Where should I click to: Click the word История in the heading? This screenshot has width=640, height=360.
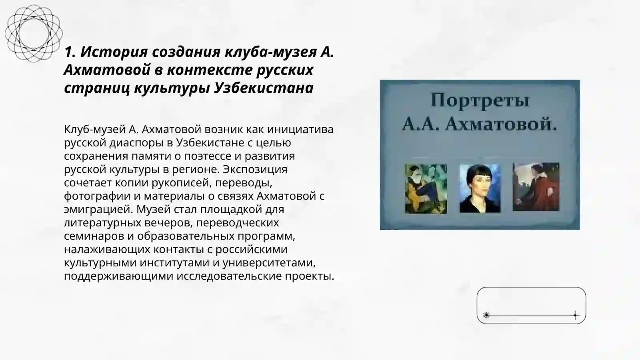coord(111,52)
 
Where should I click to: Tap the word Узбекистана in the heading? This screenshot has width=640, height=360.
coord(264,88)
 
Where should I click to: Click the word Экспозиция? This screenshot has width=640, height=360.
coord(255,169)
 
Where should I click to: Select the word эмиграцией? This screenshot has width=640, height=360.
coord(98,209)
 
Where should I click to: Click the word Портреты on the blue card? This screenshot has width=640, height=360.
coord(480,100)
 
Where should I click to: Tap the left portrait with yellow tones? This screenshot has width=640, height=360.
coord(426,188)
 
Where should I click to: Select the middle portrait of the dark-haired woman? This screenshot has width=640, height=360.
coord(480,188)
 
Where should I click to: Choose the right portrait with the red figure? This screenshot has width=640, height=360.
coord(536,187)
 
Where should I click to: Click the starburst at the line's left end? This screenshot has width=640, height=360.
coord(486,315)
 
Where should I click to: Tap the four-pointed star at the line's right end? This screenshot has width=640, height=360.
coord(575,315)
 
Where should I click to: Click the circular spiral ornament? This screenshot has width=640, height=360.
coord(34,33)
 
